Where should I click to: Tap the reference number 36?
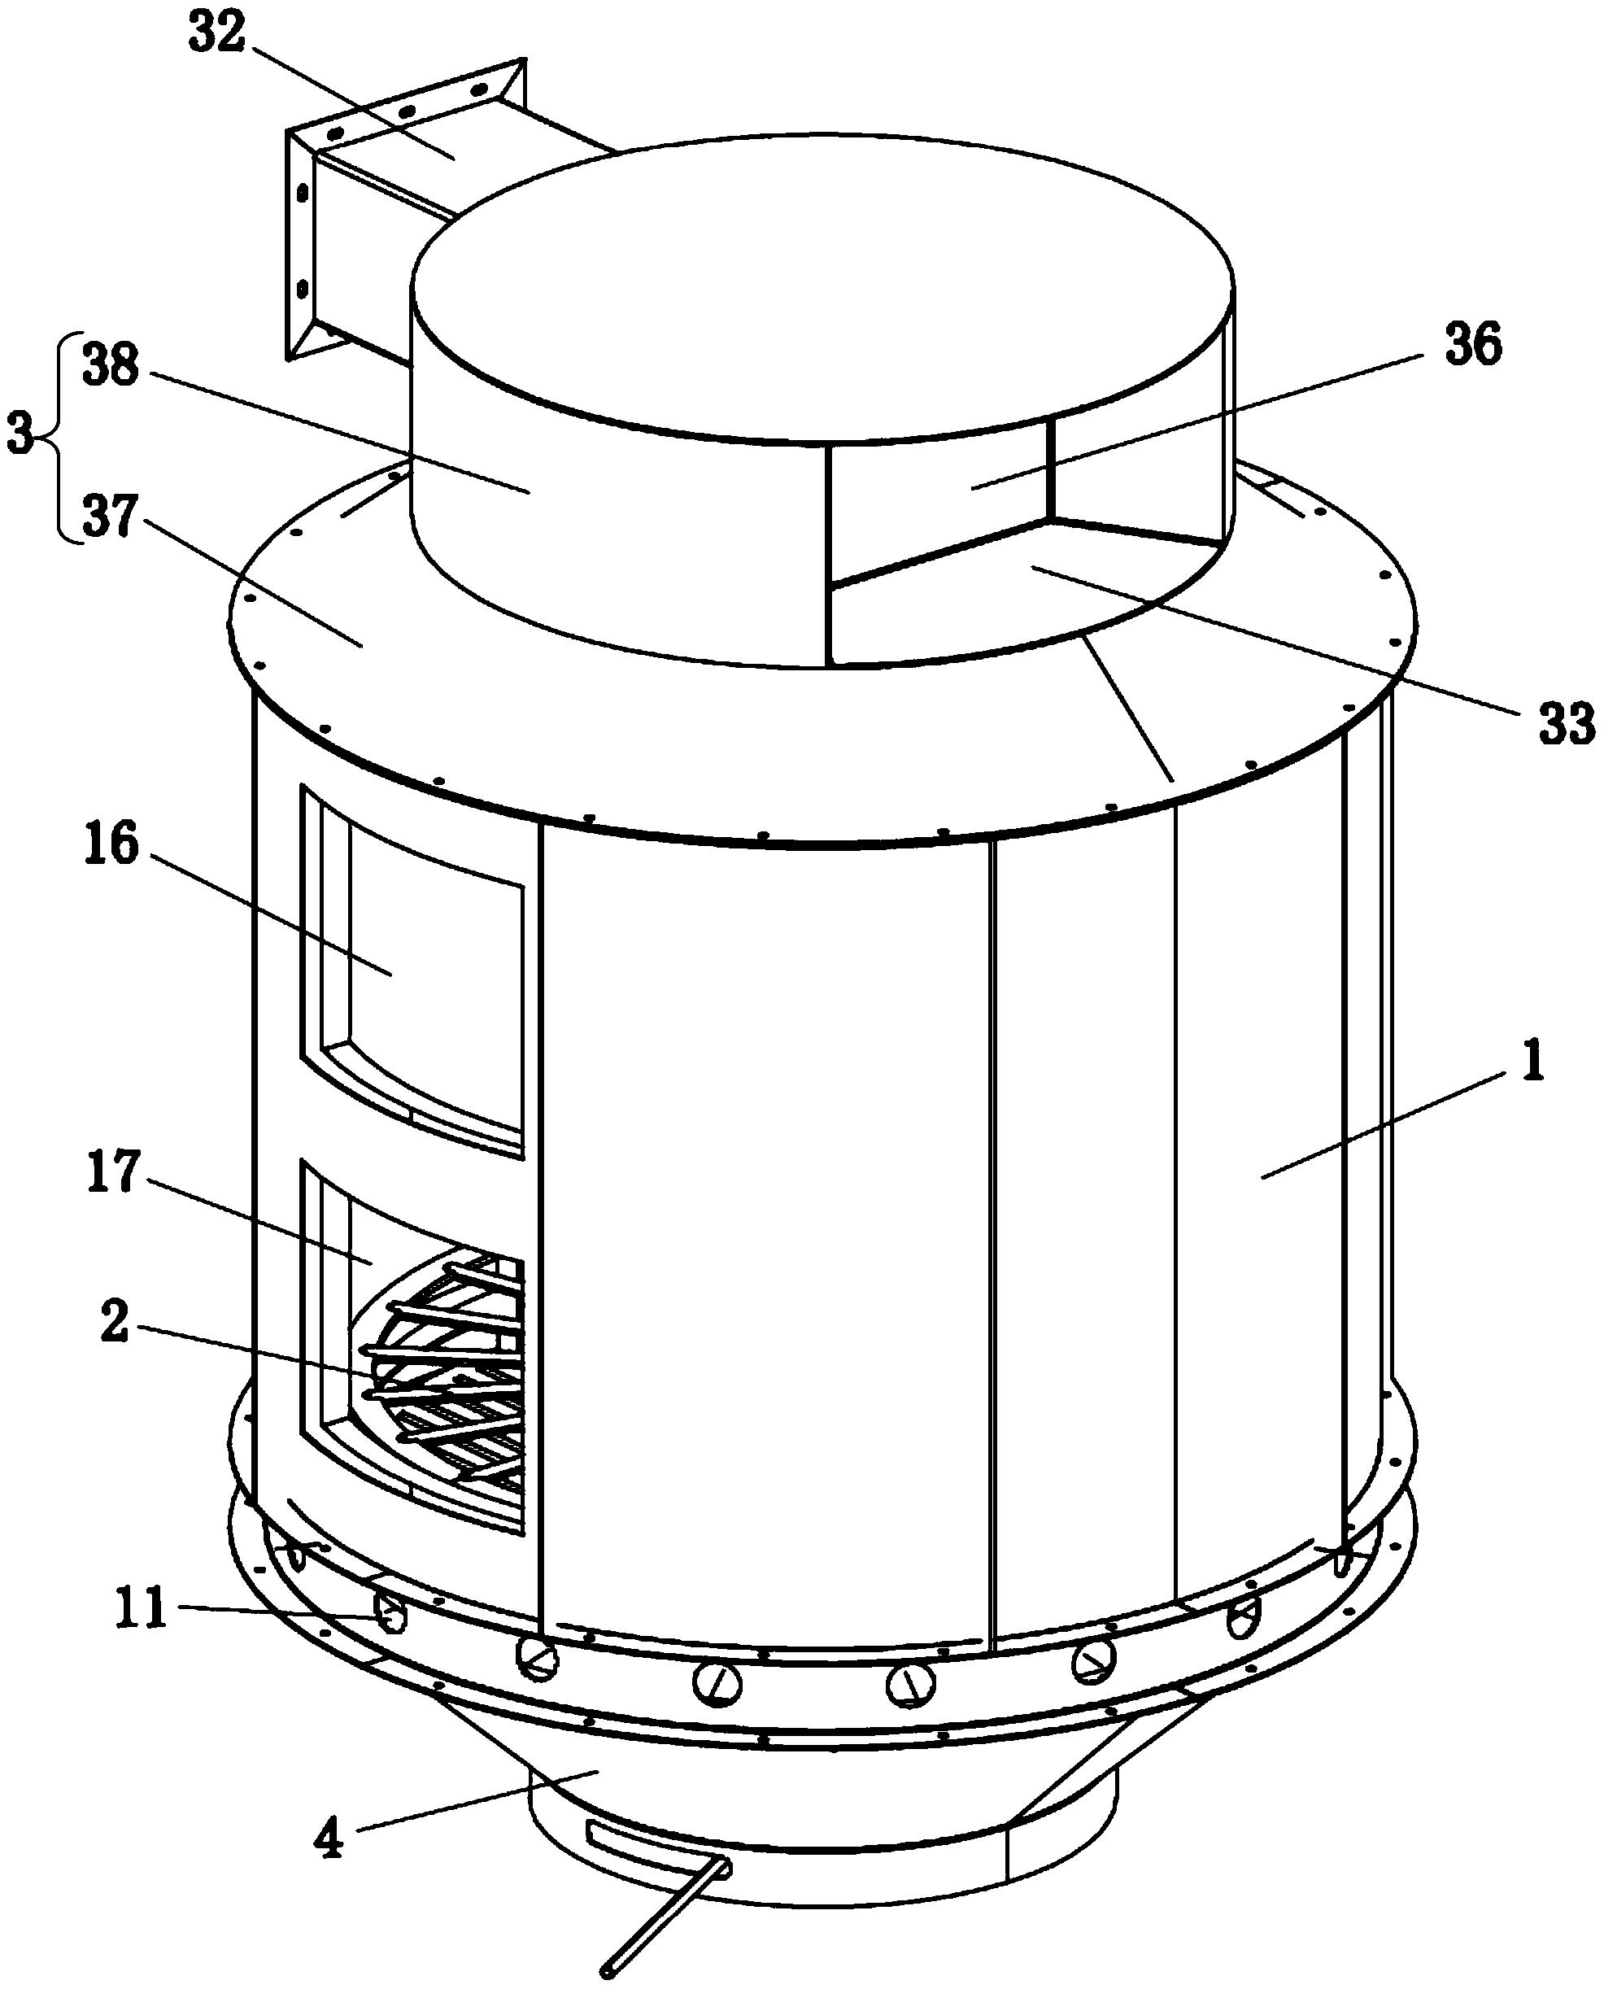click(1473, 346)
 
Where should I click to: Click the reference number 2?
click(114, 1323)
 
